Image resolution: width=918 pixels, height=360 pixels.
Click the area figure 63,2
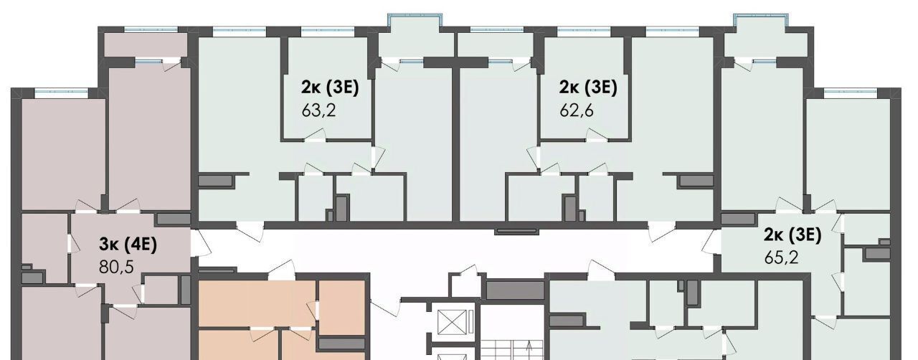point(318,110)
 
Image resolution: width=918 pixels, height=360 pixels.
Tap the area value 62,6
point(576,110)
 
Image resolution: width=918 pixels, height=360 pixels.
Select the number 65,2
point(781,257)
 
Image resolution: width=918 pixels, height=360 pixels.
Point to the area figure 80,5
point(116,267)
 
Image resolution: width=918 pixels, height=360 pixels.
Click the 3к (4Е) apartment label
point(128,245)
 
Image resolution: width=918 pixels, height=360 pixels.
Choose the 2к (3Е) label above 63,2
point(330,87)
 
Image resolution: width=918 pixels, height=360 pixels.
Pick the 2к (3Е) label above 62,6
point(588,87)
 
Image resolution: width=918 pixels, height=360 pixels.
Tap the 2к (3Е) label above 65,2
point(793,235)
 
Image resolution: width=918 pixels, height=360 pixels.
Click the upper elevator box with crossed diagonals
point(452,322)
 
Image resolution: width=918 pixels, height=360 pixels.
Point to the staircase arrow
point(529,350)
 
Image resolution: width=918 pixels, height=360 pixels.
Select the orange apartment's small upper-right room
point(342,308)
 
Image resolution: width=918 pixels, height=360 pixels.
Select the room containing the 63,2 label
point(326,87)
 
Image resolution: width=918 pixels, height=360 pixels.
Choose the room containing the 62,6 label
point(585,87)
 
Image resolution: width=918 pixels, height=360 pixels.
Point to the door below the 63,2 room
point(315,136)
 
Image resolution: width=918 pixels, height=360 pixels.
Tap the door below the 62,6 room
point(597,136)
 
